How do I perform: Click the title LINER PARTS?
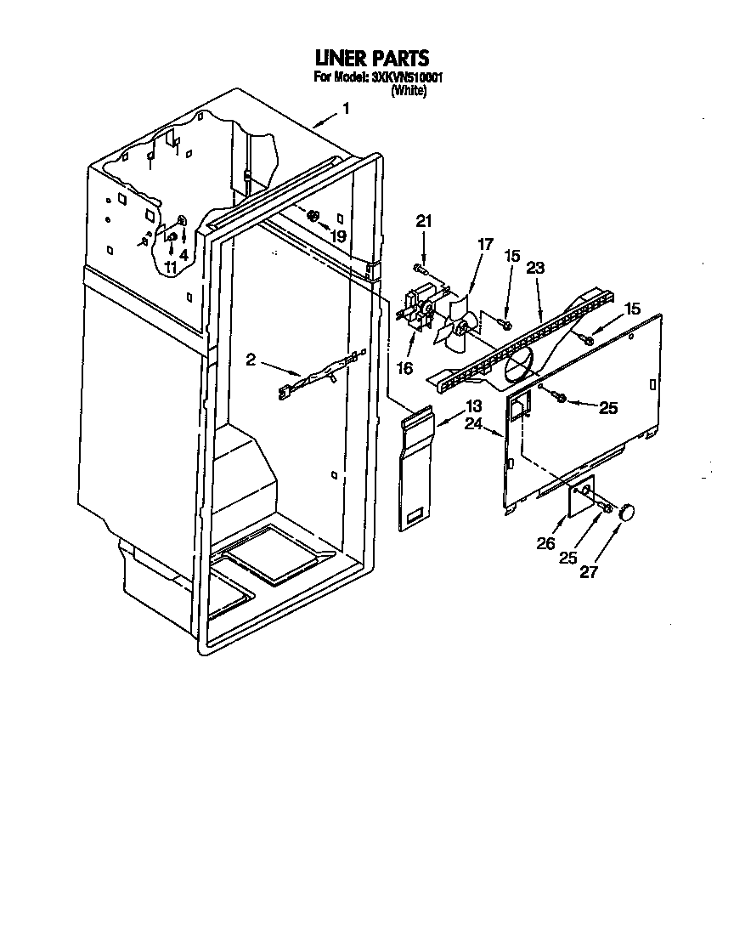coord(371,58)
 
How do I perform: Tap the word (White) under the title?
coord(408,92)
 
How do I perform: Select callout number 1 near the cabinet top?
coord(345,108)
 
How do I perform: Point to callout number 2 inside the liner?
coord(251,360)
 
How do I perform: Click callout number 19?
coord(338,236)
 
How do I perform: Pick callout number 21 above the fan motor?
coord(423,222)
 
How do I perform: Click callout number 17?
coord(484,245)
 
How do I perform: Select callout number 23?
coord(534,267)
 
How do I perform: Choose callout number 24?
coord(473,422)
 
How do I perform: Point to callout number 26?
coord(546,543)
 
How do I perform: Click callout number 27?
coord(588,572)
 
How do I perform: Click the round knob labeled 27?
coord(628,512)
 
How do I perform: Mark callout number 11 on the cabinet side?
coord(171,267)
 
